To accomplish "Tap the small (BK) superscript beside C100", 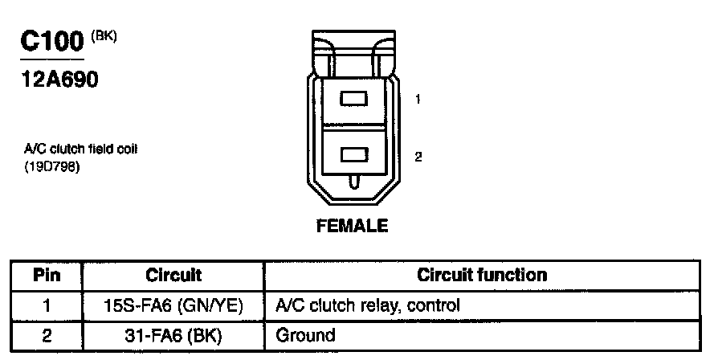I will click(x=104, y=35).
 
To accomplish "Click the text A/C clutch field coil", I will click(x=76, y=149).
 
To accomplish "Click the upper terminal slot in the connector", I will click(x=353, y=99).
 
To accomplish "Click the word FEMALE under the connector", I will click(x=353, y=225).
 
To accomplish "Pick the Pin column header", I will click(x=47, y=276).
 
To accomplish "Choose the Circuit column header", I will click(x=173, y=276).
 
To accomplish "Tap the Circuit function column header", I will click(x=482, y=276).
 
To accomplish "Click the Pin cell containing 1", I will click(x=47, y=306).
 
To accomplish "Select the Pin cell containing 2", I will click(x=47, y=335).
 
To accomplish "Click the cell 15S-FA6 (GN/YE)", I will click(x=173, y=306).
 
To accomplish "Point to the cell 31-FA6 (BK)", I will click(x=173, y=335).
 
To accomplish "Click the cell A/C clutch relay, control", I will click(x=367, y=306).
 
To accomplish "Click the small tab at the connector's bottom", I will click(x=353, y=183).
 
